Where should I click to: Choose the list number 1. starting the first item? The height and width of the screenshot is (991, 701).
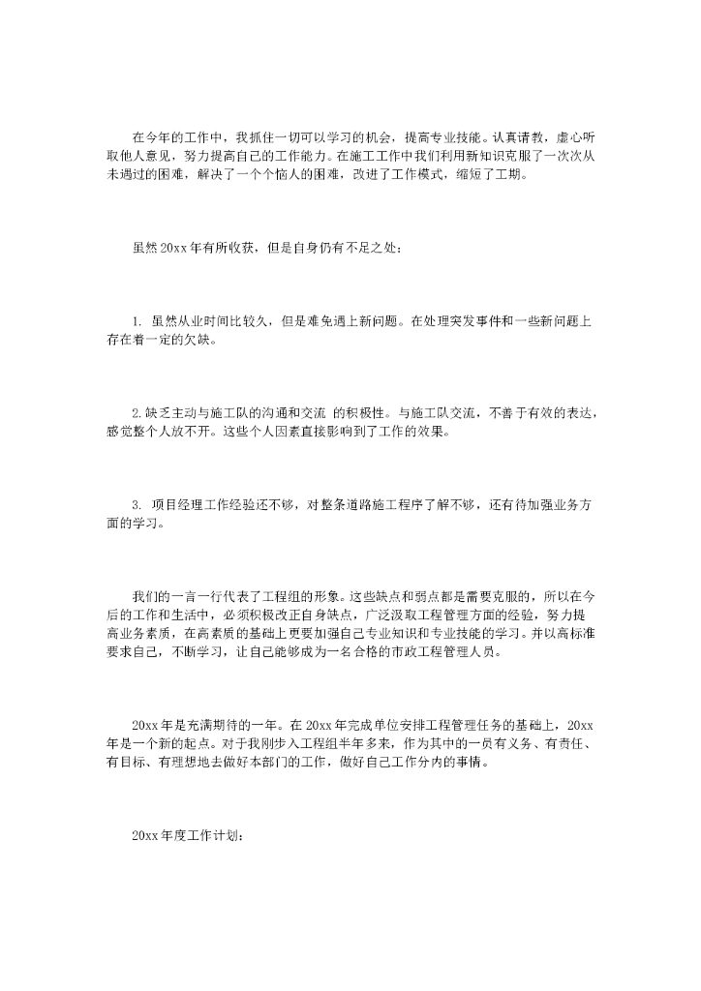[x=137, y=320]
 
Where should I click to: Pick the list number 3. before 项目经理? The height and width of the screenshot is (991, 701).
[x=137, y=504]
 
